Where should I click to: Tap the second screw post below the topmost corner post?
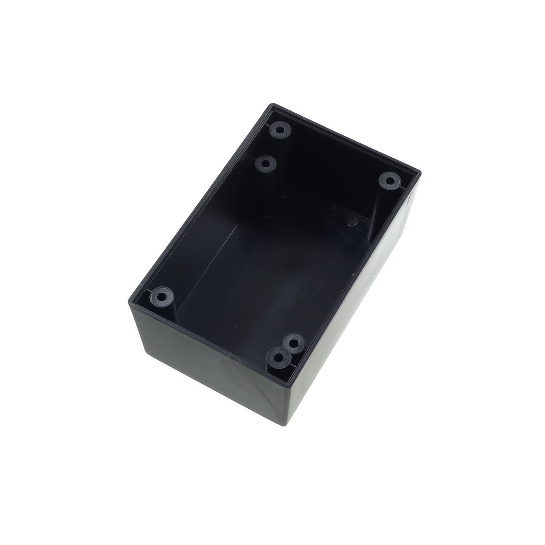pyautogui.click(x=266, y=163)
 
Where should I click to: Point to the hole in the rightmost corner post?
pyautogui.click(x=388, y=181)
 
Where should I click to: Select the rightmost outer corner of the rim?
pyautogui.click(x=421, y=173)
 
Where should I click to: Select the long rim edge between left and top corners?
pyautogui.click(x=200, y=200)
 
